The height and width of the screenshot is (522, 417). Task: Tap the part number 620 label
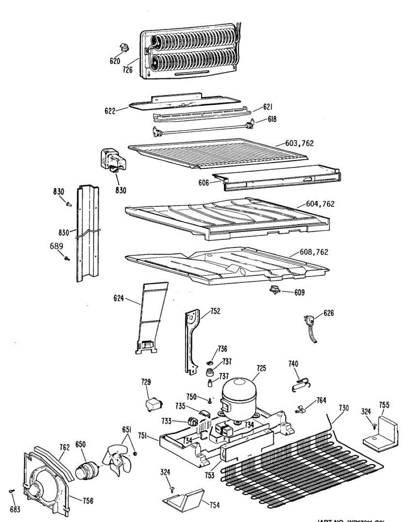click(x=115, y=61)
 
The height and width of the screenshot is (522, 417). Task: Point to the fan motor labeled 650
click(x=86, y=470)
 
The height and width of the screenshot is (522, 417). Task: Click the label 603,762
click(x=299, y=143)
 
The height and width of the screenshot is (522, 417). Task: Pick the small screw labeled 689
click(x=67, y=258)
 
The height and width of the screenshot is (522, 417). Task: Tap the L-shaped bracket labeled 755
click(x=381, y=433)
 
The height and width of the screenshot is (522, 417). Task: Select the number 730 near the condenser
click(x=343, y=408)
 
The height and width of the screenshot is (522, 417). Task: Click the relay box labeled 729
click(x=152, y=404)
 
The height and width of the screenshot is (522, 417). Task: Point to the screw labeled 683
click(x=13, y=491)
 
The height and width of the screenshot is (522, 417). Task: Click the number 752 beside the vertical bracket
click(x=215, y=311)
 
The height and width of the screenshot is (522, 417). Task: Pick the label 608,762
click(x=314, y=252)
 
